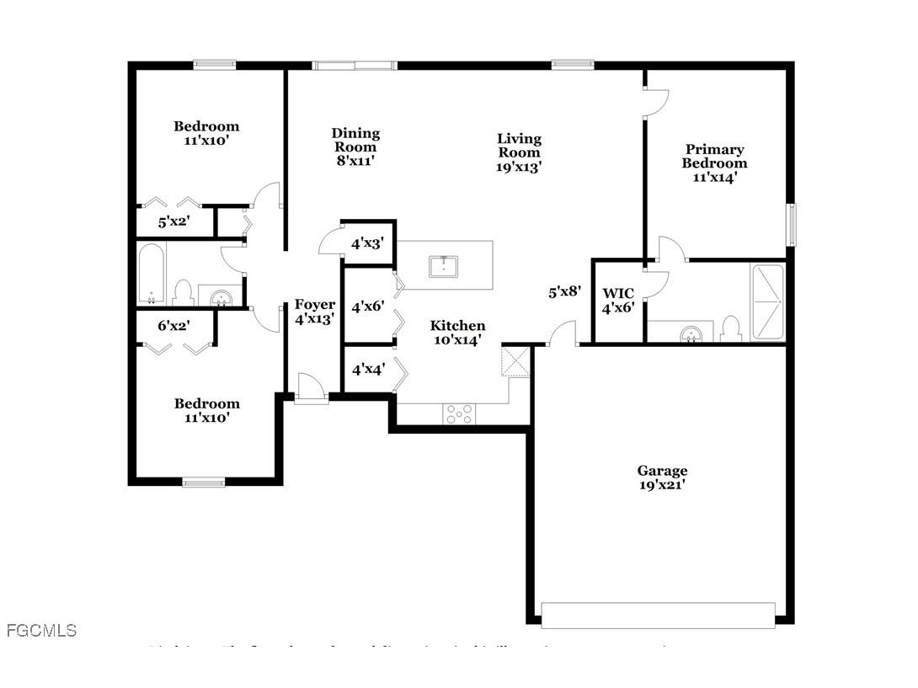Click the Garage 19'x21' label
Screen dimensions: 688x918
[662, 477]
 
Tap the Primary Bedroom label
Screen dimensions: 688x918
[714, 163]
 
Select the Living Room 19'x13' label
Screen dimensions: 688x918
[519, 152]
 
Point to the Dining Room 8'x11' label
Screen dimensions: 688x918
[355, 146]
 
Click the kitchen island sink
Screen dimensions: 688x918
[444, 266]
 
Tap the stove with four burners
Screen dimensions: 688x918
[459, 413]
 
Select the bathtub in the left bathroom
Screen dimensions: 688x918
[152, 274]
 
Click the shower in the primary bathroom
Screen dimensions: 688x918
[766, 302]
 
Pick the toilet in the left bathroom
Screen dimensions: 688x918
[183, 292]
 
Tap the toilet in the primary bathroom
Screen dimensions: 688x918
[731, 328]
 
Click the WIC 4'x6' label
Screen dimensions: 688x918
[619, 300]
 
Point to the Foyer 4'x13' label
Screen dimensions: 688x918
[314, 312]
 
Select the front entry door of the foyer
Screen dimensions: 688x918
[311, 389]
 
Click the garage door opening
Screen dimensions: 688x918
[658, 615]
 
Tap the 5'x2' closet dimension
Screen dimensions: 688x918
[174, 223]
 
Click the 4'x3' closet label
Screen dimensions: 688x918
[368, 243]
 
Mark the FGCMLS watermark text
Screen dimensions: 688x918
[41, 630]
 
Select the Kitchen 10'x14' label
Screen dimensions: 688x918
[457, 333]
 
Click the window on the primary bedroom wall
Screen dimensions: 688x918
[791, 225]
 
